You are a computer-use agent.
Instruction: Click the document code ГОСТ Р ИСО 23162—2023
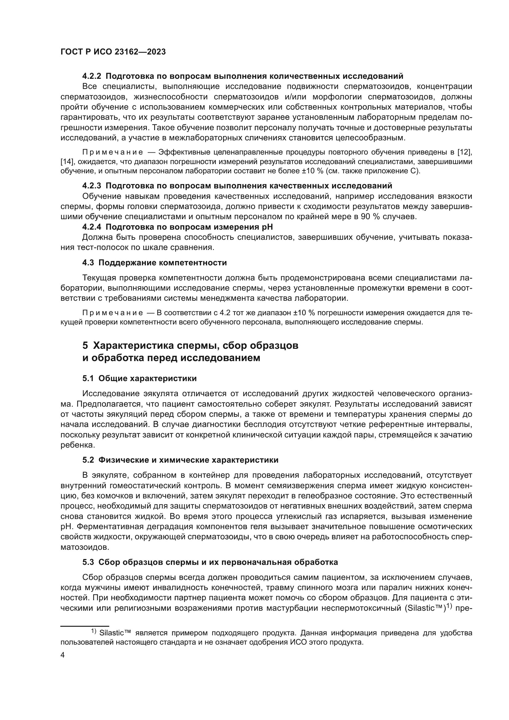(113, 52)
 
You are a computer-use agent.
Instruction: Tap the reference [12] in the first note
(465, 152)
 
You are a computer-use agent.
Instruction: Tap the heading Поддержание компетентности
(162, 263)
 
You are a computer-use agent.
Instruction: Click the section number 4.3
(88, 263)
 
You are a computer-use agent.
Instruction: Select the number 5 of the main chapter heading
(85, 346)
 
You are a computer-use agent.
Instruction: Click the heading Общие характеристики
(147, 379)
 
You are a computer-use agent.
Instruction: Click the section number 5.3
(88, 562)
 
